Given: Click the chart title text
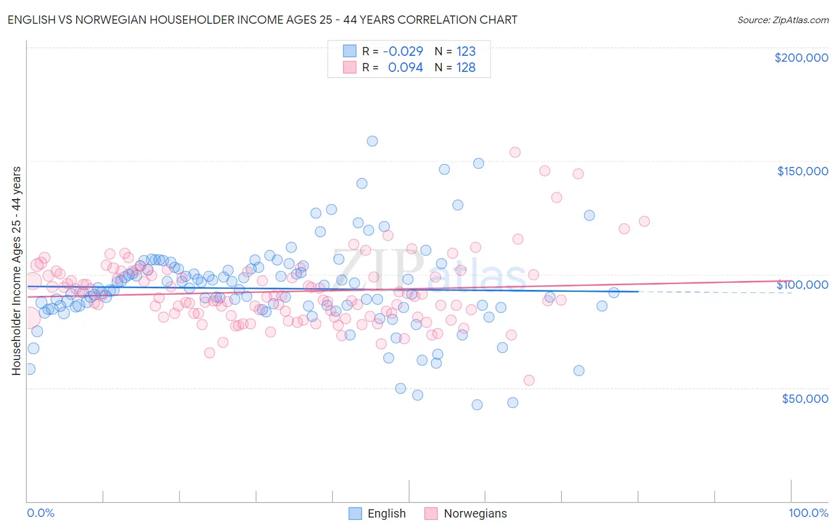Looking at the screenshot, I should pos(262,20).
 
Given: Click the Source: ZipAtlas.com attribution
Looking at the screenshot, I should pos(782,20).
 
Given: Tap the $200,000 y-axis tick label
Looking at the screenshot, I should pos(801,58).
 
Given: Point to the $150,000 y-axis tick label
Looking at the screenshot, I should pos(802,171).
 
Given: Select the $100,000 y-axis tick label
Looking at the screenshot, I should pos(802,285).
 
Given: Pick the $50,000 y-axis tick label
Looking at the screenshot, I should pos(804,398).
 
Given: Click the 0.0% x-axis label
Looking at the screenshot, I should pos(40,513).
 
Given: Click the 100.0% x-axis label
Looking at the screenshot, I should pos(808,513).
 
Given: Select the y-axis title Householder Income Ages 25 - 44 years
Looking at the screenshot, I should pos(16,271).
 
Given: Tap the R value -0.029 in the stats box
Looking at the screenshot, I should pos(403,51).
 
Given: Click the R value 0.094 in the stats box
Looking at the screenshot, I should pos(405,67).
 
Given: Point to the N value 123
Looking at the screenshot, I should pos(466,51).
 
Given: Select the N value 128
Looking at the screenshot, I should pos(466,67).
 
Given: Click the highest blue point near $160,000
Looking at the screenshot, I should pos(372,141).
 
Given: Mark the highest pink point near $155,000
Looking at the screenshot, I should pos(515,152).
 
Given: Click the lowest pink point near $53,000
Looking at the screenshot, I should pos(529,380).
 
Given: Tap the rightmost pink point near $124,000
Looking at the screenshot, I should pos(644,221).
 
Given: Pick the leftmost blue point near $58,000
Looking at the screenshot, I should pos(29,369).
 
